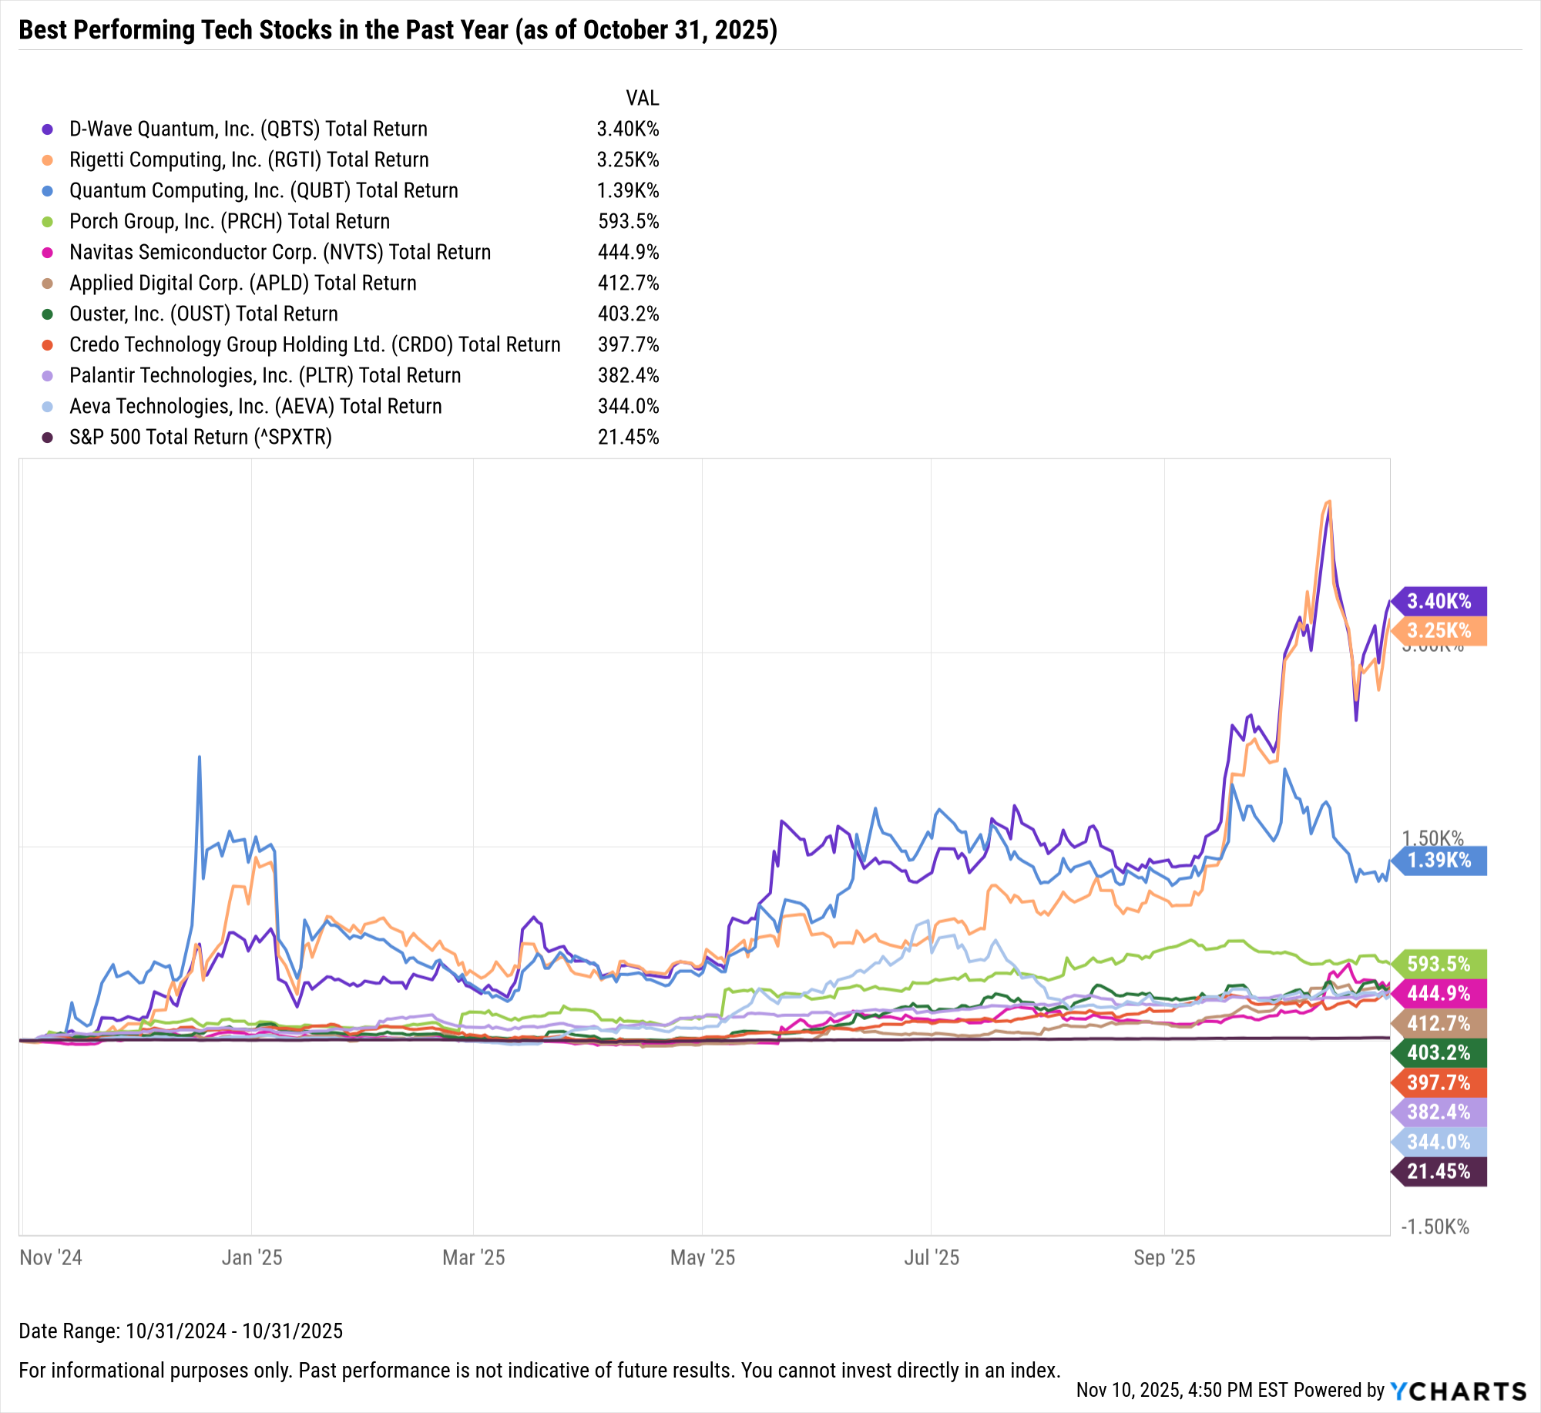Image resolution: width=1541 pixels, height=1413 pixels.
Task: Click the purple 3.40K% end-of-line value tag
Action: coord(1439,601)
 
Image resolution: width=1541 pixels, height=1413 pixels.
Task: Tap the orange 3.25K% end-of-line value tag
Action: coord(1439,631)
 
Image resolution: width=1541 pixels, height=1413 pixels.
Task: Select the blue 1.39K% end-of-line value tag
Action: coord(1439,861)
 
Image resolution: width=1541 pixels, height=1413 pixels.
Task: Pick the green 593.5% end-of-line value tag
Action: coord(1439,964)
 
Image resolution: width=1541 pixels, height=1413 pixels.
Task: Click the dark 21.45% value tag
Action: coord(1439,1172)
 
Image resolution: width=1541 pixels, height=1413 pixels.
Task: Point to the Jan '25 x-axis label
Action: coord(252,1257)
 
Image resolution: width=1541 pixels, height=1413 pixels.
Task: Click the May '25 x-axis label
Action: coord(703,1257)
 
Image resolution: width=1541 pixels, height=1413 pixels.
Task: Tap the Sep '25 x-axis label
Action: coord(1164,1257)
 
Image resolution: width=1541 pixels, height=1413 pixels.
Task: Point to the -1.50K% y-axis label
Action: coord(1435,1227)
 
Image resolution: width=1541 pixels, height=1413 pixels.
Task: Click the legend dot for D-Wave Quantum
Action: coord(48,129)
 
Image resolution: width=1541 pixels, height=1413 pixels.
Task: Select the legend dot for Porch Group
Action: coord(48,222)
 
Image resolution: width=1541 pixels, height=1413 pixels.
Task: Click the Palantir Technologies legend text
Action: coord(265,376)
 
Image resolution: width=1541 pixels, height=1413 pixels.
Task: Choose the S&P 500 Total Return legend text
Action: coord(200,438)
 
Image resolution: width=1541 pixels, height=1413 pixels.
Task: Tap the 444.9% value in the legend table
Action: coord(628,253)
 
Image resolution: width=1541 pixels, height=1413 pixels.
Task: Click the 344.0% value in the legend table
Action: coord(628,407)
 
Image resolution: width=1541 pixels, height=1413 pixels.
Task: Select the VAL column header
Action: coord(642,99)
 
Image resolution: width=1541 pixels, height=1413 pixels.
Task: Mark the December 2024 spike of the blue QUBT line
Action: coord(200,758)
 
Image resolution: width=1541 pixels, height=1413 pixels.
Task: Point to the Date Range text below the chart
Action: coord(181,1331)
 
